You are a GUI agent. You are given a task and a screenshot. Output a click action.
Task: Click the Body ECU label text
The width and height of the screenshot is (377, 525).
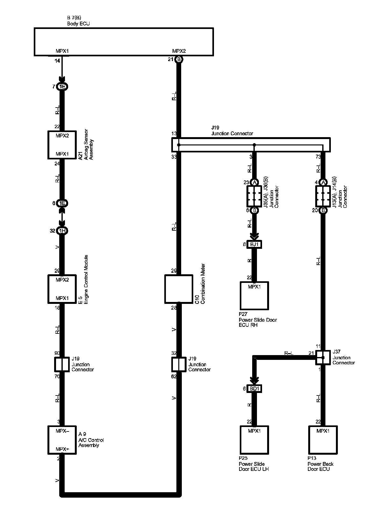pos(78,24)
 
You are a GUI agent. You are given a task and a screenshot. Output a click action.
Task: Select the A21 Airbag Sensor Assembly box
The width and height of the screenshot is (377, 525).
pos(62,145)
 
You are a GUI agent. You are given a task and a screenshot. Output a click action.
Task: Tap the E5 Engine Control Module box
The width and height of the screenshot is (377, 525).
pos(62,289)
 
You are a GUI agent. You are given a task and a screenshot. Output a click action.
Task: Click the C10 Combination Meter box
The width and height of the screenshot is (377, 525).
pos(179,289)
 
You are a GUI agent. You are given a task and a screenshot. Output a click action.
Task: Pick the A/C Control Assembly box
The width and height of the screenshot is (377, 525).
pos(62,440)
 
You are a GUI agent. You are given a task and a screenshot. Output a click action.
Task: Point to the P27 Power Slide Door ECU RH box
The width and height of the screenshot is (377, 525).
pos(254,296)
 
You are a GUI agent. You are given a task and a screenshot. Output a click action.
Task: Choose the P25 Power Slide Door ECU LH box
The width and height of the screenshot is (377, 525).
pos(254,440)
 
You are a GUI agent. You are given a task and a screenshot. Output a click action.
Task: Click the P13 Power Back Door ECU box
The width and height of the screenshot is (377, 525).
pos(323,440)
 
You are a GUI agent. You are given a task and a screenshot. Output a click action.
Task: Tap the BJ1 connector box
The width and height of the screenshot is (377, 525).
pos(254,244)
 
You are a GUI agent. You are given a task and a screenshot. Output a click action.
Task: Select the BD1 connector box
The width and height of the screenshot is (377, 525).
pos(254,389)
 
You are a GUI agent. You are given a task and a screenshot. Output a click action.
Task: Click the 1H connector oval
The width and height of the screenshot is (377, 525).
pos(62,231)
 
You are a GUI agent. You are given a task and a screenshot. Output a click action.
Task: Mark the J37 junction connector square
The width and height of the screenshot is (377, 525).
pos(323,358)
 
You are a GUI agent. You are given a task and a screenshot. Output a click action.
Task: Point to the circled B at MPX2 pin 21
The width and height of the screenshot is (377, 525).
pos(179,59)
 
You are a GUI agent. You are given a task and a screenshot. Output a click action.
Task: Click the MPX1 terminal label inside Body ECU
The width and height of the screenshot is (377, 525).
pos(62,51)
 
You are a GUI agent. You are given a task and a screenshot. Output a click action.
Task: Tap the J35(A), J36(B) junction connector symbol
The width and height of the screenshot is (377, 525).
pos(254,196)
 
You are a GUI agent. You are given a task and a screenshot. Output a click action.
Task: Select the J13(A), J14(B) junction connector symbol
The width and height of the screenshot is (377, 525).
pos(323,196)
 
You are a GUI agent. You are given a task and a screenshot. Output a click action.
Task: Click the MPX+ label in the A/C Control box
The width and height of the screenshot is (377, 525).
pos(62,449)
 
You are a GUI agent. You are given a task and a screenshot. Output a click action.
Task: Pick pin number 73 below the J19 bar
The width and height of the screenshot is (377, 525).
pos(317,157)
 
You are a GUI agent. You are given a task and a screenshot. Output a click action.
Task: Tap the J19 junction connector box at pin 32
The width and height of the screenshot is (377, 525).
pos(179,364)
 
